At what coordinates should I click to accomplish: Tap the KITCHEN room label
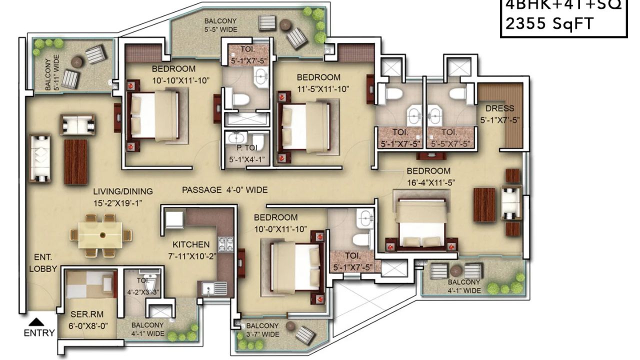191,244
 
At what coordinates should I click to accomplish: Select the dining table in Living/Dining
100,235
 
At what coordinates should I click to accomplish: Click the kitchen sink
214,288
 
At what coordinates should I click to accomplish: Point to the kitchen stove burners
226,243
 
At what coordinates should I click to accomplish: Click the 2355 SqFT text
549,23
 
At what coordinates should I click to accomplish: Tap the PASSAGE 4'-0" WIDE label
224,190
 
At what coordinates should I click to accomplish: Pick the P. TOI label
246,149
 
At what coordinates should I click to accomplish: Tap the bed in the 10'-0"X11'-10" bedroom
295,267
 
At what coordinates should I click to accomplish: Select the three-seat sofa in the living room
40,158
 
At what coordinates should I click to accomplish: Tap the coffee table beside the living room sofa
75,161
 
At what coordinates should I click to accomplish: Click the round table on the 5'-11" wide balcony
77,62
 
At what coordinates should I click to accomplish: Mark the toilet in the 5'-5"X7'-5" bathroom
457,93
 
